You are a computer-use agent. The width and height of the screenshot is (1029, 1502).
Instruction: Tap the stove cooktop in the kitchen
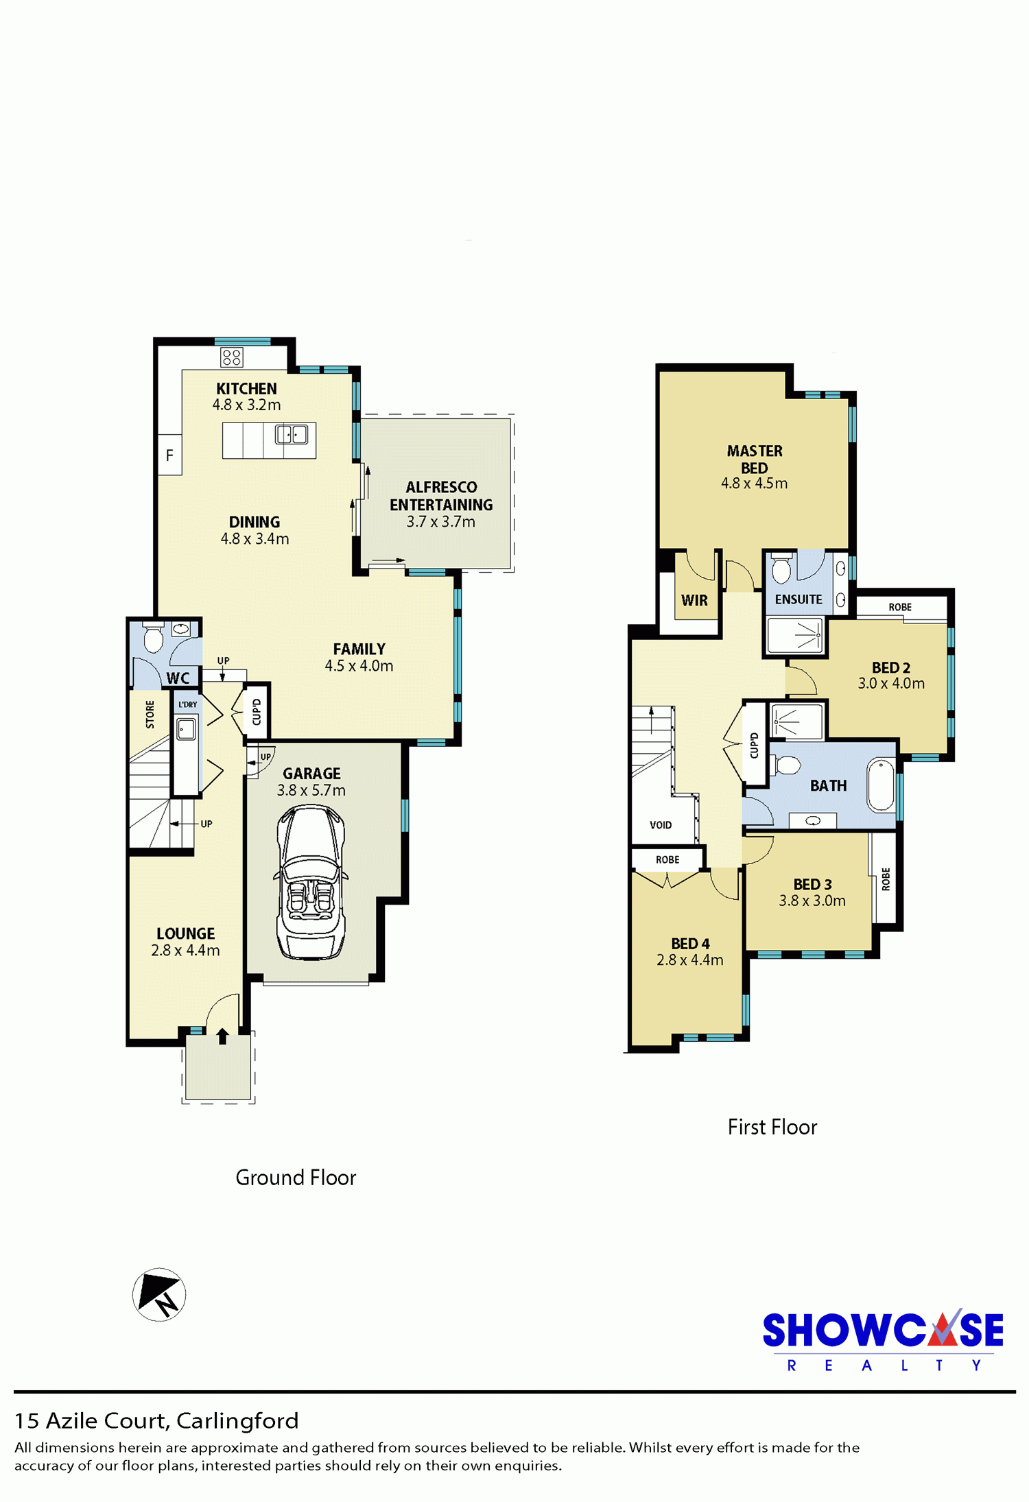point(232,357)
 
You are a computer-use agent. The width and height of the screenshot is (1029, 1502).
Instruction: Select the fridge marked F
point(169,455)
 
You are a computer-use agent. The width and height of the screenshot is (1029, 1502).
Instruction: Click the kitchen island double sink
point(292,434)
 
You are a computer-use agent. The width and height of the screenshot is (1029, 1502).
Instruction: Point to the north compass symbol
point(159,1294)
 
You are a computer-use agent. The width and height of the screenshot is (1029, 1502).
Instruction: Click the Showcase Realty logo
point(883,1342)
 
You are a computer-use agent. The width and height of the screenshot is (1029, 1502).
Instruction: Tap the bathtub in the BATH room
point(882,785)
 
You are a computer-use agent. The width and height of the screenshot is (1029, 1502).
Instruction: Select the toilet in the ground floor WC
point(153,638)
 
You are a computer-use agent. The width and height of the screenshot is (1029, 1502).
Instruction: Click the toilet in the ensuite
point(781,567)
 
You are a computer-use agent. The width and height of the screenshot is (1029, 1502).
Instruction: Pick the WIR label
point(694,600)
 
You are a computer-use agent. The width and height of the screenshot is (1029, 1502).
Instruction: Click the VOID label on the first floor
point(661,825)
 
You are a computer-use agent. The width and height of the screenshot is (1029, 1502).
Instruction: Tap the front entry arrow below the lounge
point(222,1036)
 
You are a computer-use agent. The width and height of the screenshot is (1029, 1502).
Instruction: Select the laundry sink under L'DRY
point(186,728)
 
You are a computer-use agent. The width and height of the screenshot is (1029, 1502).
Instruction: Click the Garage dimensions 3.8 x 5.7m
point(311,790)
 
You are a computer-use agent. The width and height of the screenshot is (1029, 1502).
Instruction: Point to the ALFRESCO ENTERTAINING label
point(441,496)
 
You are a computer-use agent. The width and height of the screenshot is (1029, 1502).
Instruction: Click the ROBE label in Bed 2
point(900,607)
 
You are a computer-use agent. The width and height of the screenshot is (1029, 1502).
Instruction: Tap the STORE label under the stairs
point(150,714)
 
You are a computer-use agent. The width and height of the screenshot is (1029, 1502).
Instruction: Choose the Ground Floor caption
point(296,1178)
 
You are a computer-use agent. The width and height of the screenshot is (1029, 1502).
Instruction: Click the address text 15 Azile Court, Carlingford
point(156,1420)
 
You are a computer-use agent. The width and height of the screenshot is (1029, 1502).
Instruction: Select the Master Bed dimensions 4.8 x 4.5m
point(754,483)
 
